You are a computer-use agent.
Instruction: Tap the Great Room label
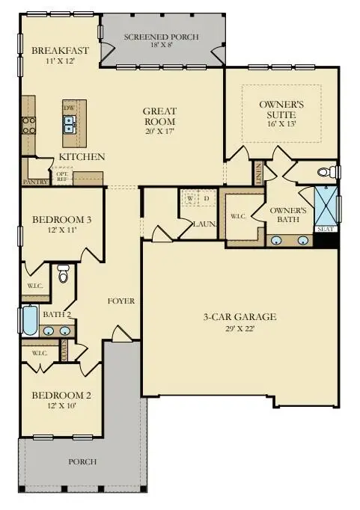[159, 117]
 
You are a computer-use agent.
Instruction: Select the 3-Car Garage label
[241, 317]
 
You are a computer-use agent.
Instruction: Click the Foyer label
[120, 301]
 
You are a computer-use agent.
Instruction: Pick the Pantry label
[36, 182]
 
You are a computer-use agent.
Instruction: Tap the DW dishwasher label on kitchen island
[69, 108]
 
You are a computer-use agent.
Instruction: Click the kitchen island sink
[69, 124]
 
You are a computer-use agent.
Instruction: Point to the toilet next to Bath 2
[63, 277]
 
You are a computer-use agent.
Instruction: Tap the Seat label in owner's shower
[326, 230]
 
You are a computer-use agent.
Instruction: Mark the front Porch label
[82, 461]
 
